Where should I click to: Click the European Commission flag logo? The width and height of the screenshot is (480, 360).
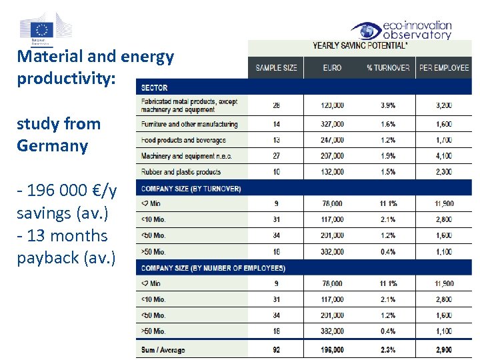[43, 29]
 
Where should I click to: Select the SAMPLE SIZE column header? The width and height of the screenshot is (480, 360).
[276, 68]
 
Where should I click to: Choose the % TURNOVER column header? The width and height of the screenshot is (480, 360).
[388, 68]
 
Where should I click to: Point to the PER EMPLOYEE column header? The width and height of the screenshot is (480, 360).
[444, 68]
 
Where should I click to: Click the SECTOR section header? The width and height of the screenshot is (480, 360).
[154, 88]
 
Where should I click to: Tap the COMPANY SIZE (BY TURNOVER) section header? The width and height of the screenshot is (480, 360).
[191, 189]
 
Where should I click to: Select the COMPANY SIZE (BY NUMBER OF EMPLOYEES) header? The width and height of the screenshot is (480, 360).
[213, 268]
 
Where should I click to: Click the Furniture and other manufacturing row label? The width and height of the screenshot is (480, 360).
[189, 124]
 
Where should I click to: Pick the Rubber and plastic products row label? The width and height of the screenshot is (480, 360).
[181, 172]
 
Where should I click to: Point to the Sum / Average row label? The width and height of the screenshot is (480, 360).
[163, 350]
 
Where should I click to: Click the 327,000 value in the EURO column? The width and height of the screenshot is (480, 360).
[332, 124]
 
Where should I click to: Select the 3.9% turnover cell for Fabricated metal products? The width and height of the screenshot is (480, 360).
[388, 105]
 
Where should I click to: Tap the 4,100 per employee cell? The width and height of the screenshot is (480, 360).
[443, 156]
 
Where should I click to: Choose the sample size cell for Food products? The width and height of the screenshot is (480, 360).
[276, 140]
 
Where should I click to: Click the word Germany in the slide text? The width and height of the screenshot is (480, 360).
[53, 146]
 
